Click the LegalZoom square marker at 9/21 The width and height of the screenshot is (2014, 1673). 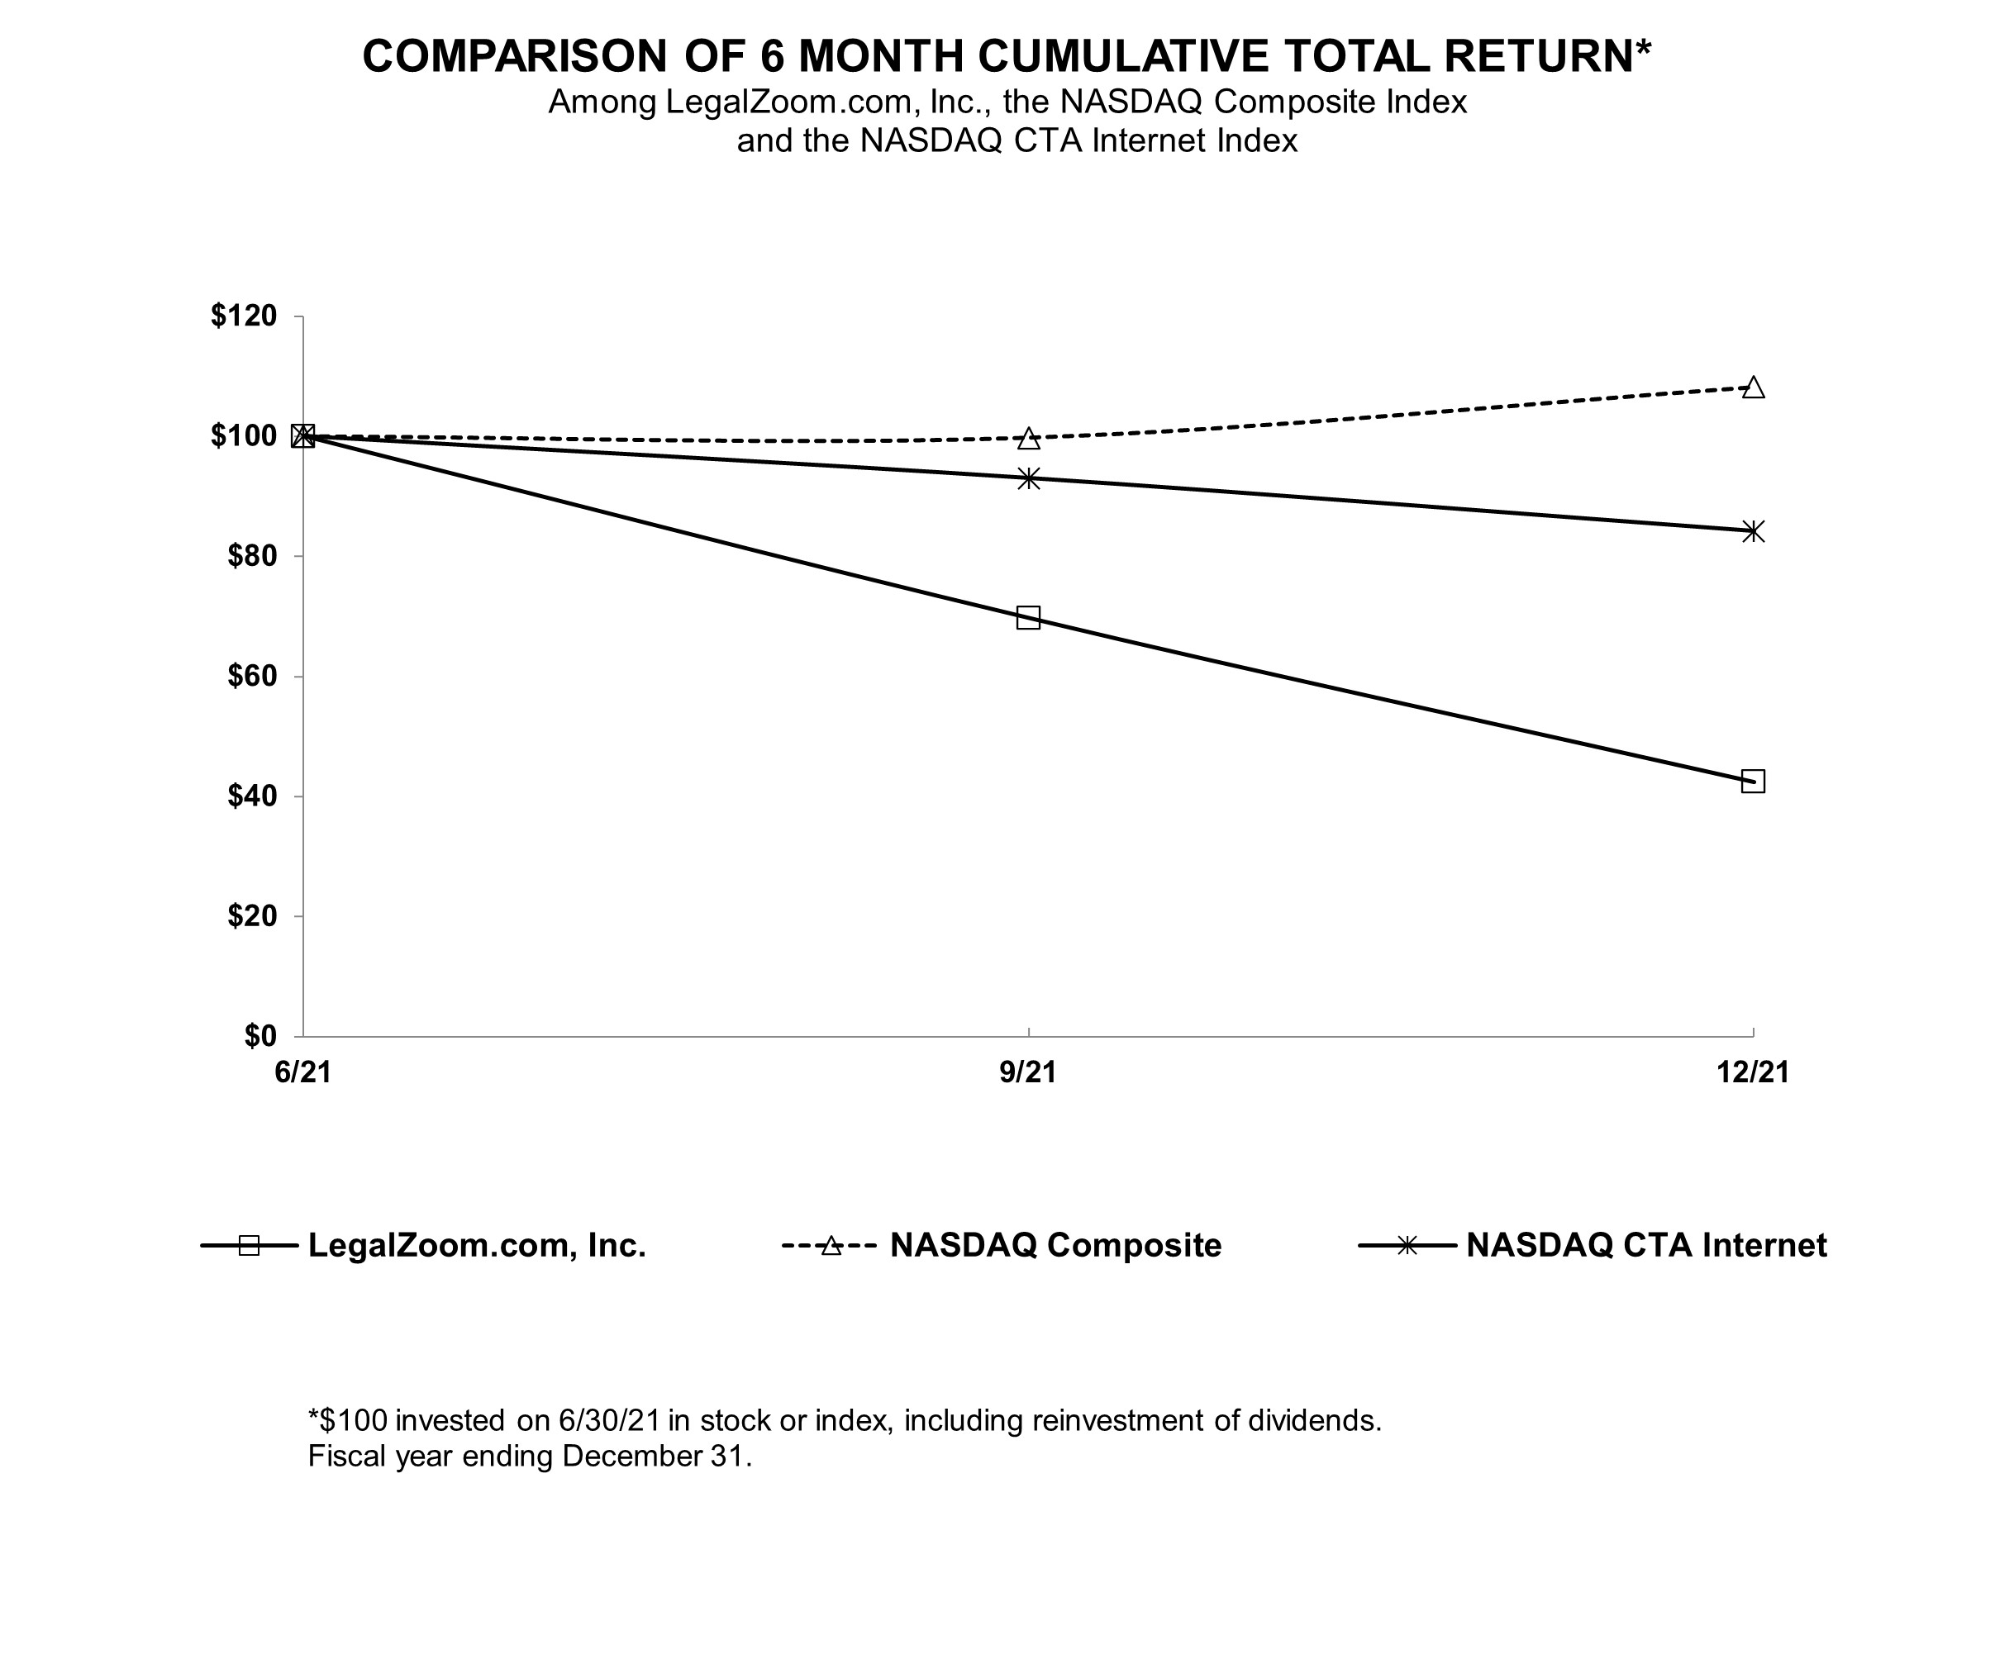pyautogui.click(x=1028, y=617)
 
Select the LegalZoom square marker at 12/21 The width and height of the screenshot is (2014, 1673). pyautogui.click(x=1753, y=782)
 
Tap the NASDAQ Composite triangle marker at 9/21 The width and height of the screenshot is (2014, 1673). pyautogui.click(x=1028, y=439)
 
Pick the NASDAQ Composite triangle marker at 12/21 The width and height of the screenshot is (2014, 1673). pyautogui.click(x=1753, y=388)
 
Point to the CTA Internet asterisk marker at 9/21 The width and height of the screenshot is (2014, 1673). pyautogui.click(x=1028, y=478)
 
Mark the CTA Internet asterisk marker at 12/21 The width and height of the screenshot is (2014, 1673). pyautogui.click(x=1753, y=531)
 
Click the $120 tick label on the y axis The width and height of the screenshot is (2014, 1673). pyautogui.click(x=244, y=316)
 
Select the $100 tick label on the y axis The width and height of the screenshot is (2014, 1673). pyautogui.click(x=244, y=436)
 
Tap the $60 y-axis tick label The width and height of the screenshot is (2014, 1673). pyautogui.click(x=251, y=676)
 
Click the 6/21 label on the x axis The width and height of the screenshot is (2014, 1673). pyautogui.click(x=303, y=1072)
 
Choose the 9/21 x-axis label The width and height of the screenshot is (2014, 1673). pyautogui.click(x=1028, y=1072)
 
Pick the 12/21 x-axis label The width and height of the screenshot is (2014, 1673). pyautogui.click(x=1753, y=1072)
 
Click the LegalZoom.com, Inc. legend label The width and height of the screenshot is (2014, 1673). pyautogui.click(x=477, y=1245)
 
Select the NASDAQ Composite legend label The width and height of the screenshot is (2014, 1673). pyautogui.click(x=1056, y=1245)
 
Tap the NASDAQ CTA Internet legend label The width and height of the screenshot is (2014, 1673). pyautogui.click(x=1647, y=1245)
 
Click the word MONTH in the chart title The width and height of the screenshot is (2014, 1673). pyautogui.click(x=880, y=55)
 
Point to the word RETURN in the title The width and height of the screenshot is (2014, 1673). pyautogui.click(x=1538, y=55)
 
